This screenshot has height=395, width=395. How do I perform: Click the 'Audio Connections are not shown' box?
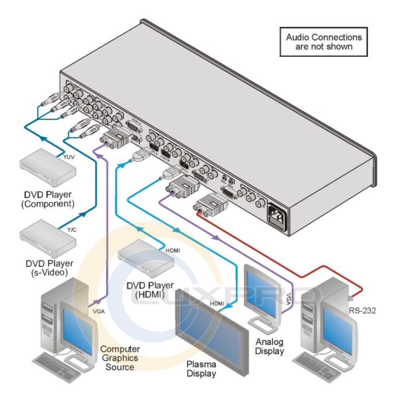[324, 41]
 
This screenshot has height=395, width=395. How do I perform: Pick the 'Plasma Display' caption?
[201, 369]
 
